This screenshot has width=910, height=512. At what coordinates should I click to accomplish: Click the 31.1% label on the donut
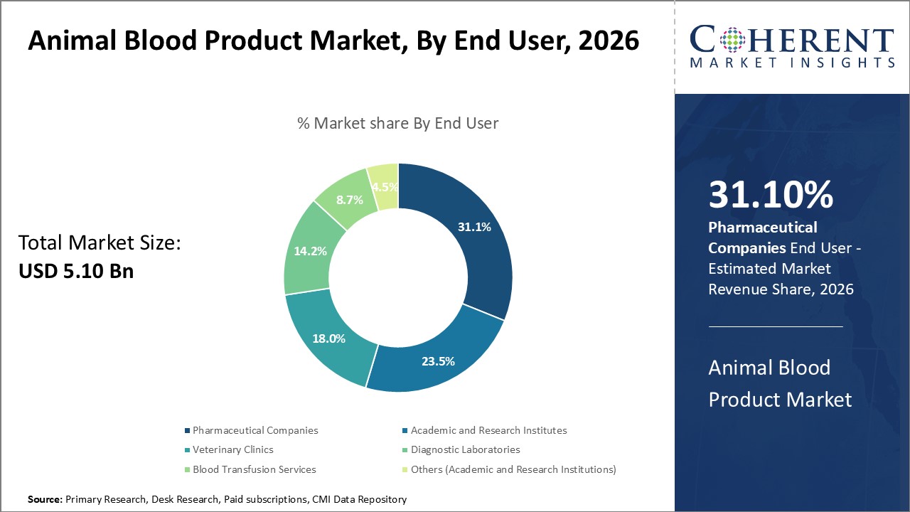(x=474, y=227)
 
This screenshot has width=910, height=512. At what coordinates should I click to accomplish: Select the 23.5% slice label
(x=438, y=361)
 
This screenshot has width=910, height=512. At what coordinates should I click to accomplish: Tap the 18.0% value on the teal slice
(x=328, y=338)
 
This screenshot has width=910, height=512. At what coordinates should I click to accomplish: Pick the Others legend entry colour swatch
(x=405, y=469)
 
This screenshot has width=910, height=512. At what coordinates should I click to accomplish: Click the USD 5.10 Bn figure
(x=76, y=271)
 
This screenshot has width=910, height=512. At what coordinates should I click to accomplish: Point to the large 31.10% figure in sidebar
(x=771, y=195)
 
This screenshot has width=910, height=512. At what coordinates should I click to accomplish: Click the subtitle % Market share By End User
(x=397, y=123)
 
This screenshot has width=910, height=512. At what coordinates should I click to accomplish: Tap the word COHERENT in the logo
(x=791, y=40)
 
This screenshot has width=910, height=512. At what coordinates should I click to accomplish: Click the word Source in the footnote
(x=45, y=500)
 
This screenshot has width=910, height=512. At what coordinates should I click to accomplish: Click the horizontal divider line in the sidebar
(x=775, y=326)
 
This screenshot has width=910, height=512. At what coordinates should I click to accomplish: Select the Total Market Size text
(x=100, y=243)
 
